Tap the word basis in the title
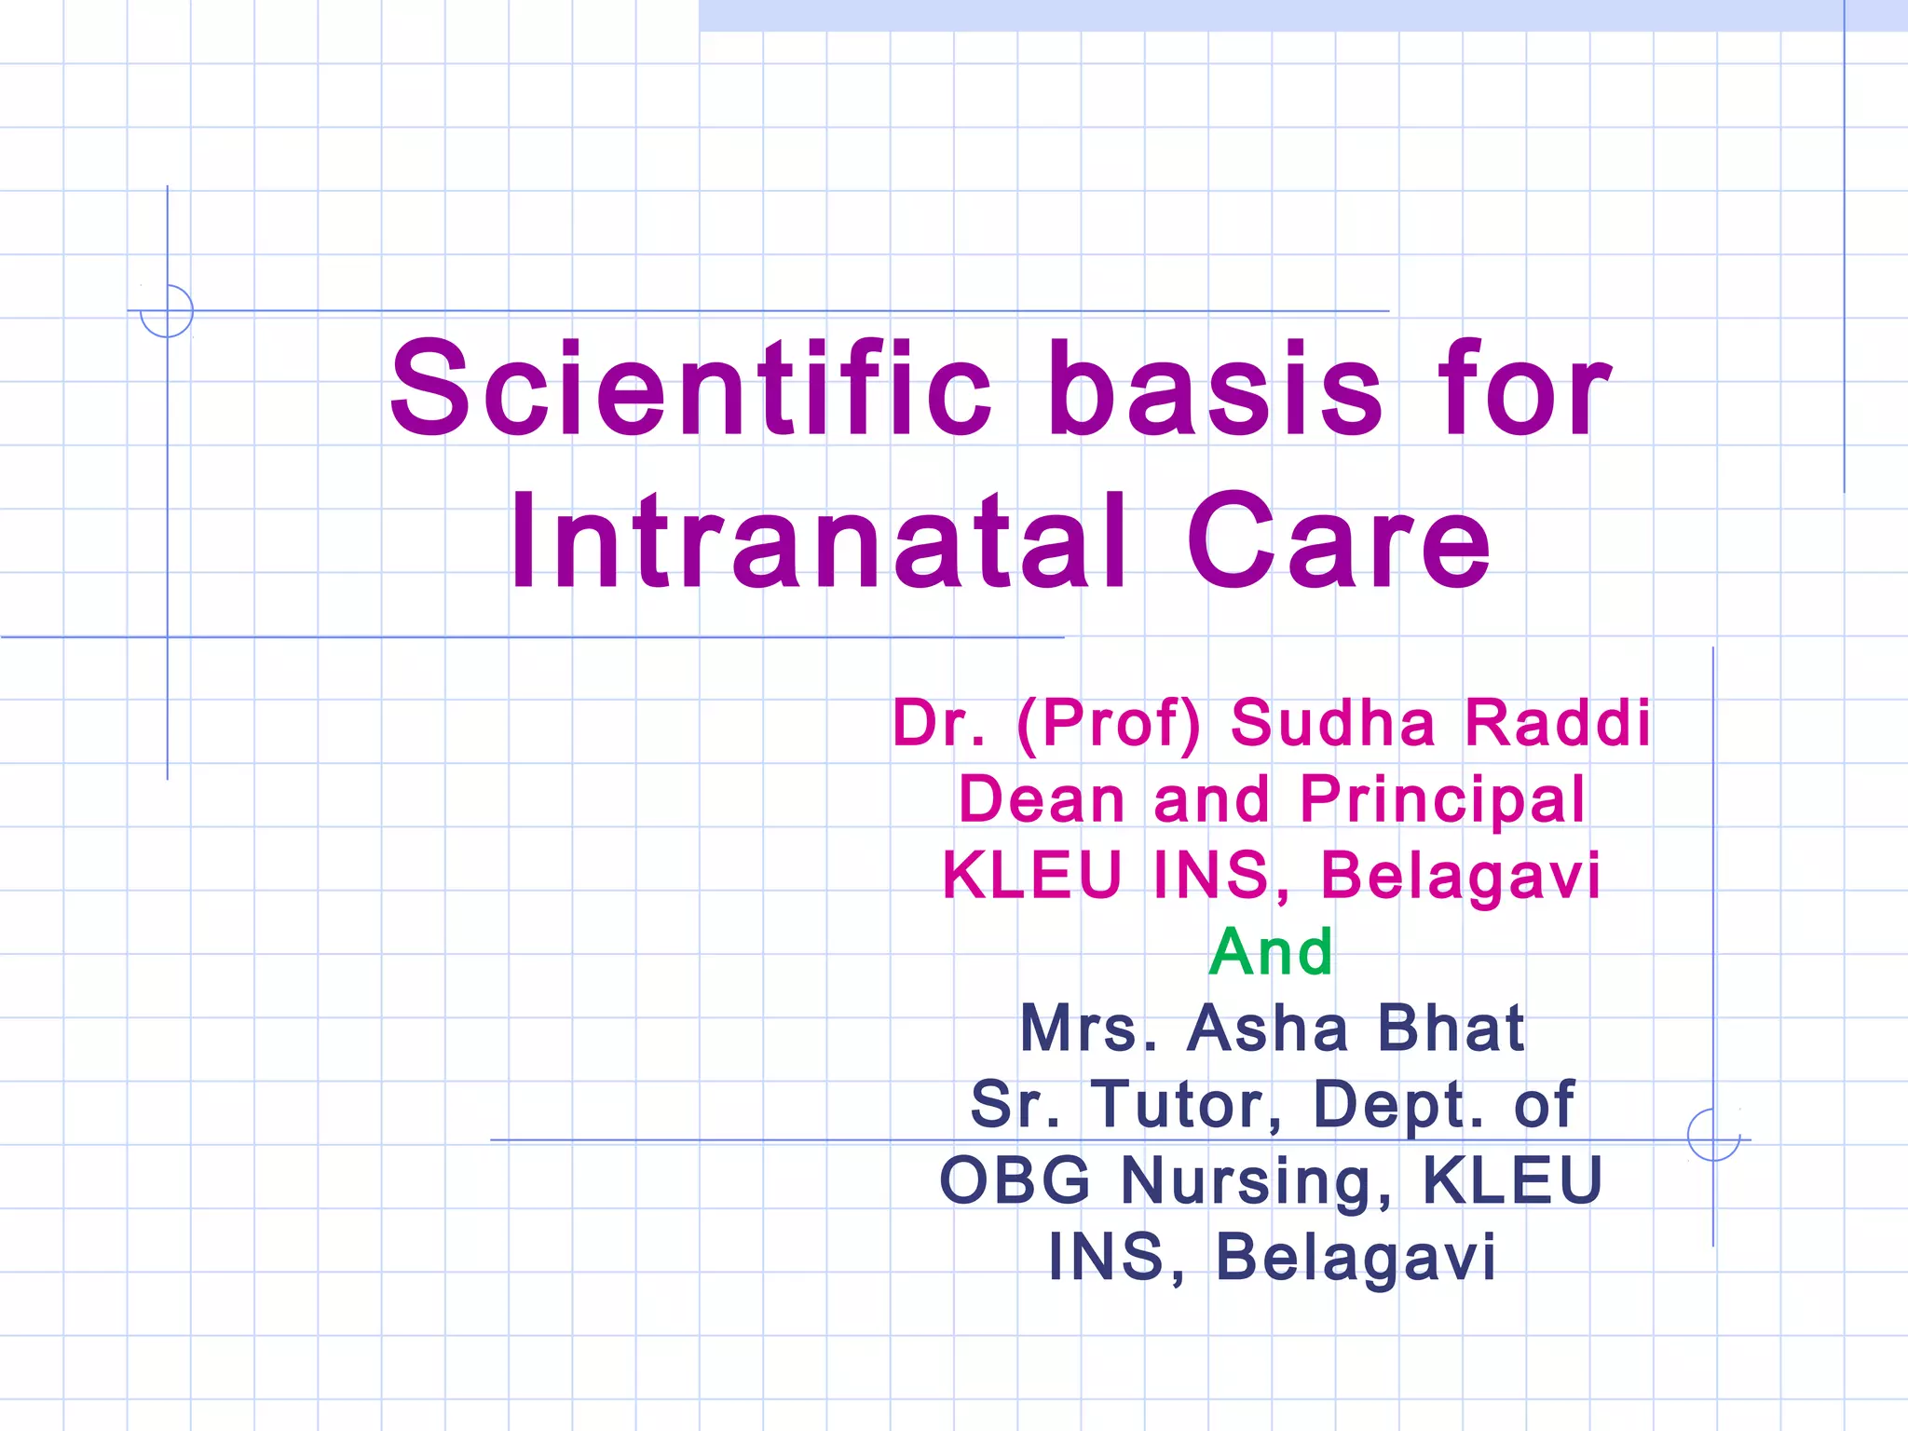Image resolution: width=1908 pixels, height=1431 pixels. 1215,388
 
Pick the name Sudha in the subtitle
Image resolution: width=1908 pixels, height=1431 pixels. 1332,723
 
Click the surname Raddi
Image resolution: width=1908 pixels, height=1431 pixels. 1558,723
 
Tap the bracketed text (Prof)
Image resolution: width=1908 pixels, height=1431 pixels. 1109,723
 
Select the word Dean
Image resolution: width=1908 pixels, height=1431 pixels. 1042,799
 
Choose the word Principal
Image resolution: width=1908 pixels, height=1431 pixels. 1442,799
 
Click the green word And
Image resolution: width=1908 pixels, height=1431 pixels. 1271,952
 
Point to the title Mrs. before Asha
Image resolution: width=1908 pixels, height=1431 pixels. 1088,1029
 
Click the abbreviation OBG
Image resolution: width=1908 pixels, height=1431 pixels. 1015,1180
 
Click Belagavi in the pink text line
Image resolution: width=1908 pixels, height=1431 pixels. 1461,876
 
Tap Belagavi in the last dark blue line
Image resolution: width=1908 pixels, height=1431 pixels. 1356,1257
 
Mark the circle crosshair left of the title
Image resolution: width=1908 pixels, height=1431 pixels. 167,310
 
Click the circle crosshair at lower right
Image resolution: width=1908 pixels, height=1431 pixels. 1713,1135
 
